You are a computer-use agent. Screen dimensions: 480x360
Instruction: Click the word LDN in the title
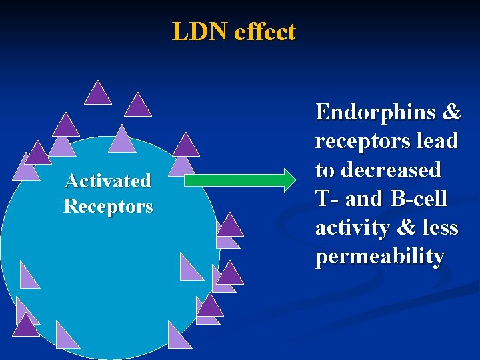pyautogui.click(x=200, y=31)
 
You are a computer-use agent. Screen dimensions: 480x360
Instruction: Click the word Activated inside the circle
pyautogui.click(x=107, y=181)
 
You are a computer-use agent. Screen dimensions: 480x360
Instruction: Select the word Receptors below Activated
pyautogui.click(x=107, y=207)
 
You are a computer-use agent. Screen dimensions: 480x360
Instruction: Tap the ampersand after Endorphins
pyautogui.click(x=450, y=112)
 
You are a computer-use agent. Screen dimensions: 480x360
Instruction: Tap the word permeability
pyautogui.click(x=379, y=257)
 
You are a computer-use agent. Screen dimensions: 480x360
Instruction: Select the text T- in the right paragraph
pyautogui.click(x=325, y=199)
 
